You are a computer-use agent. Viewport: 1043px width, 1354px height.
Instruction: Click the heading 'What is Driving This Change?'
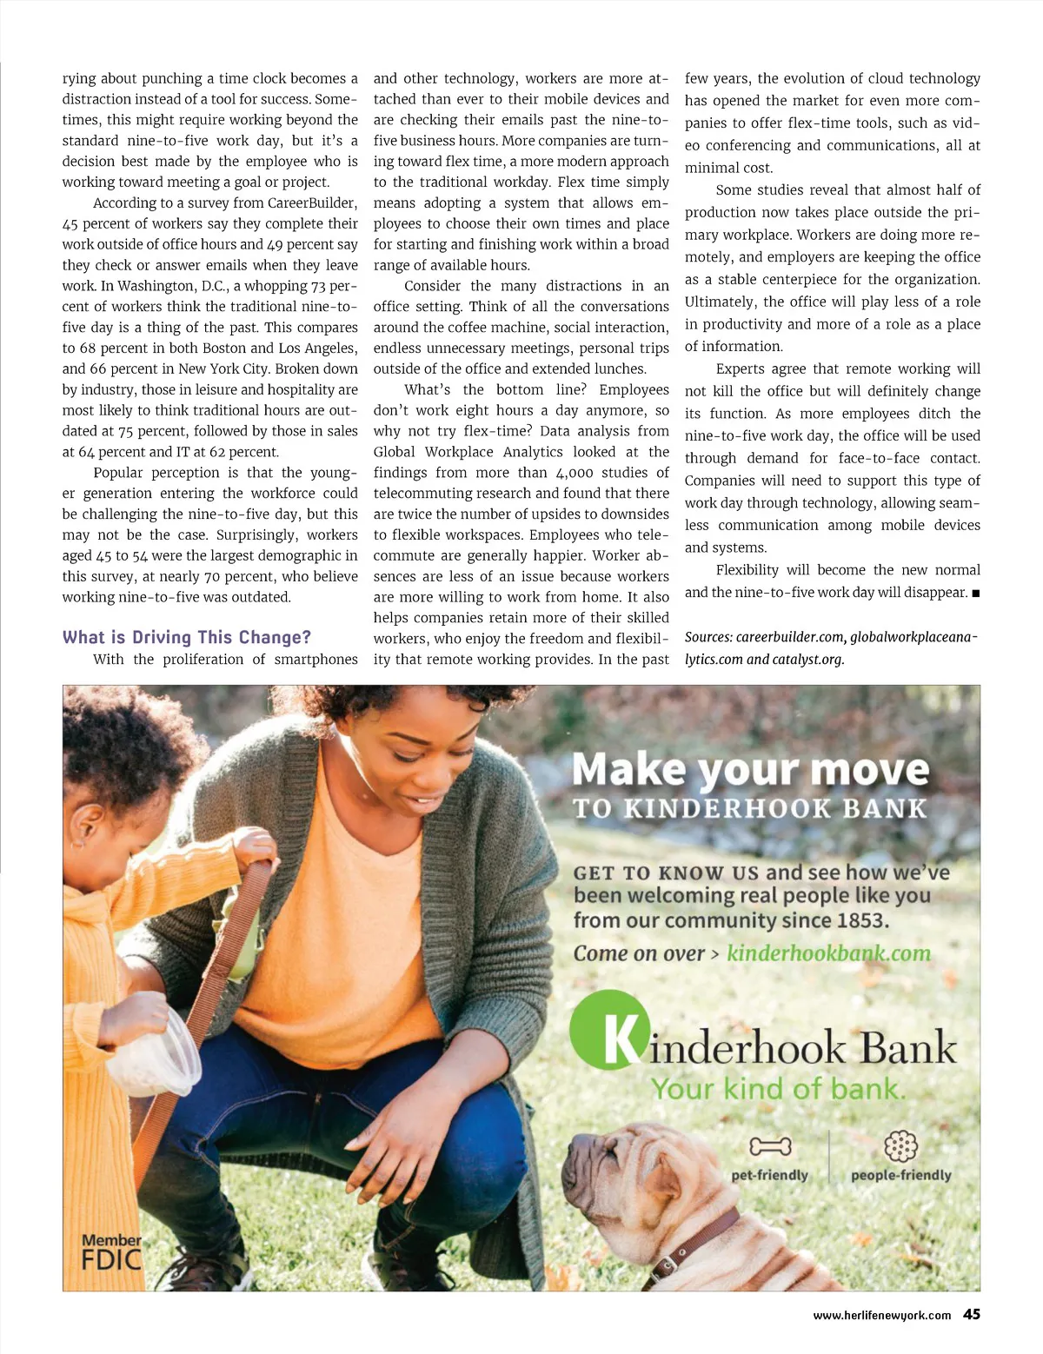point(186,637)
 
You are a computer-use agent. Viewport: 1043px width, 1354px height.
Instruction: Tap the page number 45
point(972,1315)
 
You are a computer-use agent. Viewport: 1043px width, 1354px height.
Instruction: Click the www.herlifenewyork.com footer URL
point(881,1316)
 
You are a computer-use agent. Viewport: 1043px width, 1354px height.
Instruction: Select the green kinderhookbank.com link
point(828,953)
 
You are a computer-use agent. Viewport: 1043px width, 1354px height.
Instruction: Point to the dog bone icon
point(770,1147)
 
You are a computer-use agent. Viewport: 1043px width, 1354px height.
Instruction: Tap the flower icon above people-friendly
point(900,1146)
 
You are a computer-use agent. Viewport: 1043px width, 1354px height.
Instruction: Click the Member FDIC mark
point(110,1251)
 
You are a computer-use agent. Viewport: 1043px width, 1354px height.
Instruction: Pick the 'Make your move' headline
point(750,770)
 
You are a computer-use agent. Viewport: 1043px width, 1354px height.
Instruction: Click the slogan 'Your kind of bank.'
point(778,1089)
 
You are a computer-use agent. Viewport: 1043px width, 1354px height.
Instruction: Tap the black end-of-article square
point(976,594)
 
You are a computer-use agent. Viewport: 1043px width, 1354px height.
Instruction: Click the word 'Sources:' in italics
point(708,637)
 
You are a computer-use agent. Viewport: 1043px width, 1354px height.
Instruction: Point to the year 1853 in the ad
point(860,920)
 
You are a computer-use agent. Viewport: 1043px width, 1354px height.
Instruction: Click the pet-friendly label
point(769,1175)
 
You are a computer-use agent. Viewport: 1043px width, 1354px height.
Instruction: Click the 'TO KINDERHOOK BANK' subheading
point(750,809)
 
